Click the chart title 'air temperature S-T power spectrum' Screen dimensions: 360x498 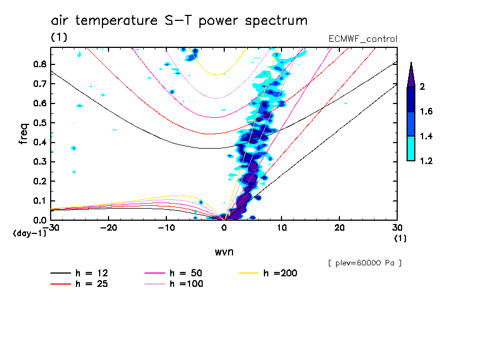[179, 21]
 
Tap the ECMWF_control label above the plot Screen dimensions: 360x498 [362, 39]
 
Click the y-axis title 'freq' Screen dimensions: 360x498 [24, 133]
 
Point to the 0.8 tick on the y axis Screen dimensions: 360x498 [39, 64]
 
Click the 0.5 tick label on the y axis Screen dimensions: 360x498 [39, 123]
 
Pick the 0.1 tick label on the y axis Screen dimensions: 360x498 [39, 200]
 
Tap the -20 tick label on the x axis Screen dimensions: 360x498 [109, 227]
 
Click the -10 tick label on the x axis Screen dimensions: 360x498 [166, 227]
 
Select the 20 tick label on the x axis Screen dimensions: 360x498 [339, 227]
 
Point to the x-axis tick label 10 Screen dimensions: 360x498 [282, 227]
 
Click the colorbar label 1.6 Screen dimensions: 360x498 [426, 112]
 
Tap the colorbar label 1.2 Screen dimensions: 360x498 [426, 161]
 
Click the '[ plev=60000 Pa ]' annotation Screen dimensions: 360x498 [365, 263]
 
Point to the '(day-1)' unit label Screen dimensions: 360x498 [30, 233]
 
